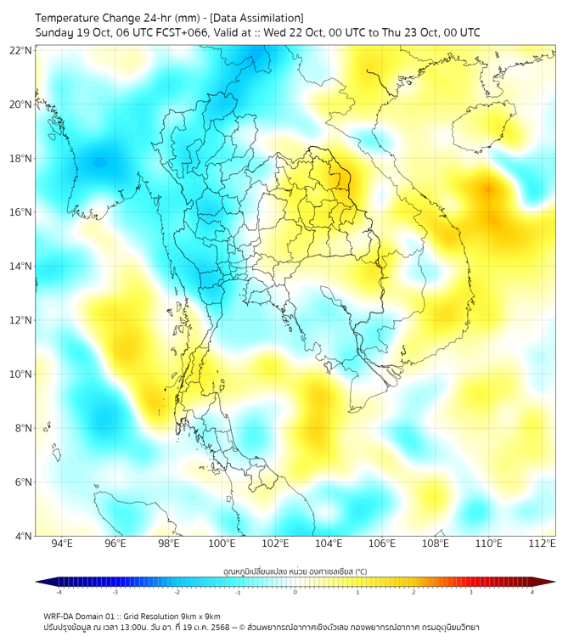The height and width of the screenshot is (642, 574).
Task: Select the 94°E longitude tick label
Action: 61,543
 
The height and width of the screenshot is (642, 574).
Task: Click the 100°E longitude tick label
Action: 222,543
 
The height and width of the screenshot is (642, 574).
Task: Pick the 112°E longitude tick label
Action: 543,543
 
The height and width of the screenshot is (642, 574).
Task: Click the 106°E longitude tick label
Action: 382,543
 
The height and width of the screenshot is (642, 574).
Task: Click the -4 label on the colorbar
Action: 58,593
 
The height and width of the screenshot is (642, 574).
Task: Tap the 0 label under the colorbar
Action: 295,593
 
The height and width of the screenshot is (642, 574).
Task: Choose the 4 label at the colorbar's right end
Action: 532,593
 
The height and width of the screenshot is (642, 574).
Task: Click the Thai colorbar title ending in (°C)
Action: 295,571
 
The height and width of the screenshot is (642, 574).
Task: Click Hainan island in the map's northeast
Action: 484,125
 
